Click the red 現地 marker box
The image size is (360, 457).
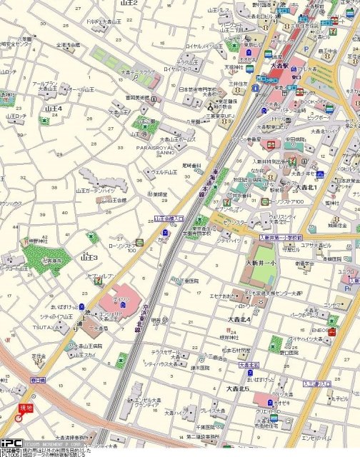pos(26,407)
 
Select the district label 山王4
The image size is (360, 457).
pos(54,109)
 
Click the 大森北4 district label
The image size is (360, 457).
pos(239,318)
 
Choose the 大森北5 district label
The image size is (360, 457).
pos(237,388)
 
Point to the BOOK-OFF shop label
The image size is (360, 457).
pos(313,101)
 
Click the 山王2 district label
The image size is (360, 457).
pos(129,4)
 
